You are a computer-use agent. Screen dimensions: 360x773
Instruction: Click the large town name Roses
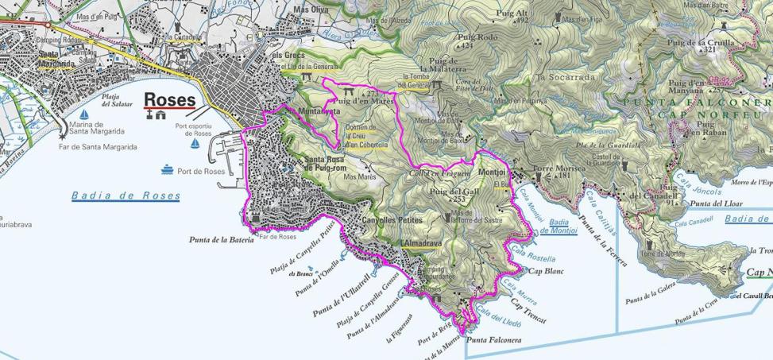coord(169,99)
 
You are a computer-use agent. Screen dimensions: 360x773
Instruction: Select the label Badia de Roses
coord(126,195)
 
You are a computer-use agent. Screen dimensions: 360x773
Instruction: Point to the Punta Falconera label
coord(494,340)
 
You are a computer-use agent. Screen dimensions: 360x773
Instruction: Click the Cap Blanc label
coord(546,271)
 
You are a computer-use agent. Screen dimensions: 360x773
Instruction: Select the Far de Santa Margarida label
coord(98,147)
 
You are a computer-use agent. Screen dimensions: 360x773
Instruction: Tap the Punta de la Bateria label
coord(220,239)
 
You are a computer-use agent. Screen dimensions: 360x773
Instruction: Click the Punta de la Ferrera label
coord(600,231)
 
